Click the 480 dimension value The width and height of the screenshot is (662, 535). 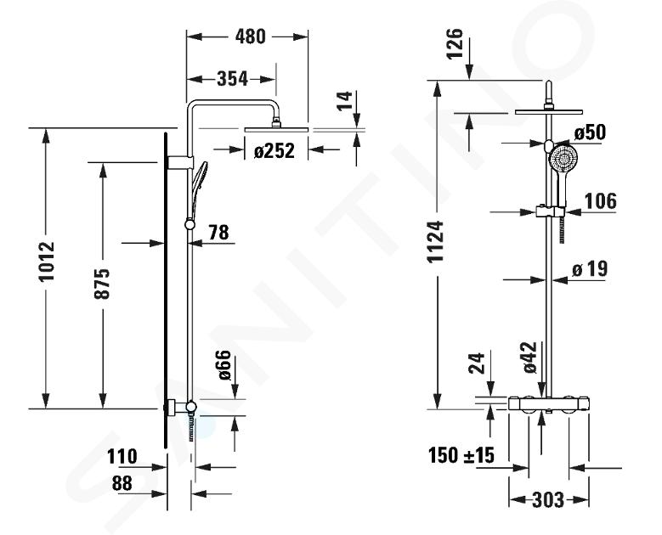251,37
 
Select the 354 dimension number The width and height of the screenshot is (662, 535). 232,78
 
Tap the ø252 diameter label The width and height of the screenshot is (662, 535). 274,150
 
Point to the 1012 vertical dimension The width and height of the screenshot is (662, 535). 47,262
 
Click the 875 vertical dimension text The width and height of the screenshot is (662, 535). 102,284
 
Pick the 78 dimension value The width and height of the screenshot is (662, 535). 218,232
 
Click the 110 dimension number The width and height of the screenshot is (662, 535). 122,457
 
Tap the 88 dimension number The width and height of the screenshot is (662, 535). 122,483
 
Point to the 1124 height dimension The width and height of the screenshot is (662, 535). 435,241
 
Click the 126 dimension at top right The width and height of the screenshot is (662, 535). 455,44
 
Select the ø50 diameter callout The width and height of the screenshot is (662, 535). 590,132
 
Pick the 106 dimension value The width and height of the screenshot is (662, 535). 600,200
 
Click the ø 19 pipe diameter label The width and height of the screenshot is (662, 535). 590,268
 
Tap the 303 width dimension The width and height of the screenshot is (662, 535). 548,500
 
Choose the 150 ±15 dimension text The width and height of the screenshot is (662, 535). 461,455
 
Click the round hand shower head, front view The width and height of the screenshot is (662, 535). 563,159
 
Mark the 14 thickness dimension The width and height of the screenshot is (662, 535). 345,100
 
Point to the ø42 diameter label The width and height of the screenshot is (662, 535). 529,357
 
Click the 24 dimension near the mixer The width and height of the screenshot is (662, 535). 477,363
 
